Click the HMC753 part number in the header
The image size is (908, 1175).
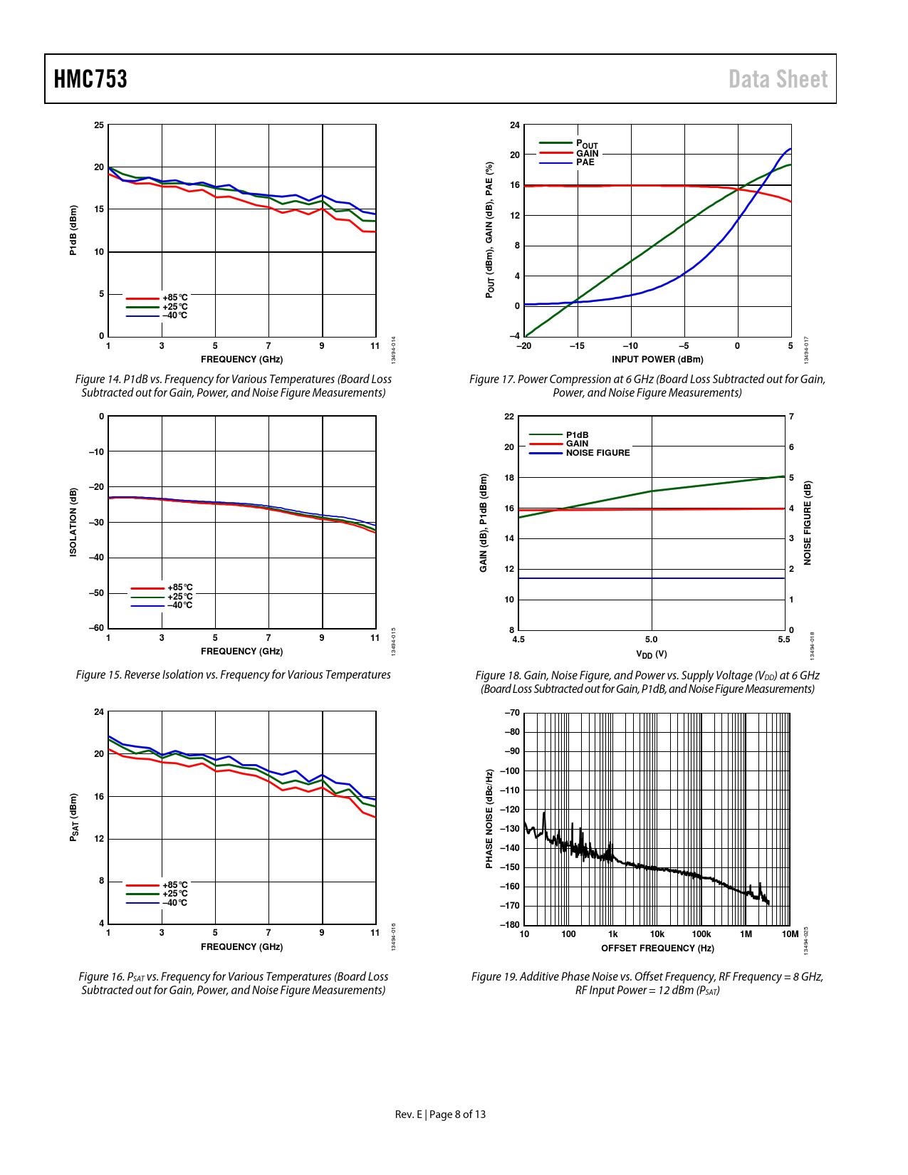coord(90,79)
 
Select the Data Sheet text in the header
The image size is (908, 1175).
coord(778,79)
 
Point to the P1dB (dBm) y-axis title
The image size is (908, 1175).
coord(73,230)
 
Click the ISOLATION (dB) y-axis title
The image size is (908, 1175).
coord(73,522)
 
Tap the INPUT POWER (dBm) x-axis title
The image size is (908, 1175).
coord(657,360)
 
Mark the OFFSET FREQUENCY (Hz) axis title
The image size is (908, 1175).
coord(657,949)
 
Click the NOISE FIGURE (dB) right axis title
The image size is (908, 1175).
coord(808,523)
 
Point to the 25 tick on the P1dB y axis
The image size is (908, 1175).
coord(99,125)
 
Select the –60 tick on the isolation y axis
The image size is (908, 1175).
coord(96,628)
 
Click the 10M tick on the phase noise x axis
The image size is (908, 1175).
coord(790,934)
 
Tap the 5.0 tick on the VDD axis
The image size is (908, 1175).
coord(652,639)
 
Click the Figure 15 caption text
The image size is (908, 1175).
coord(233,675)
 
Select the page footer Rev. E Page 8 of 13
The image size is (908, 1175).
coord(440,1114)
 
